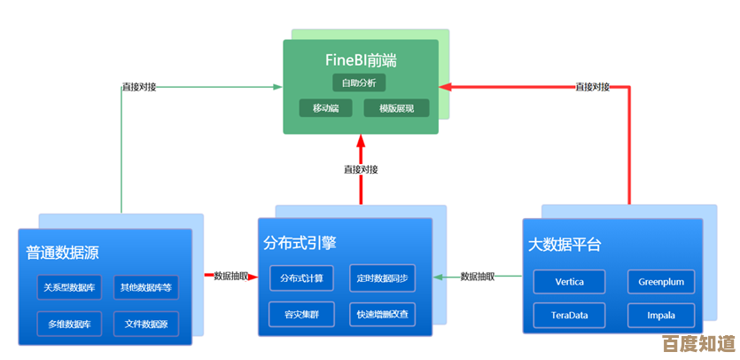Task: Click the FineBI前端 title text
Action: pos(360,61)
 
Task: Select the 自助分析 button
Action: pos(360,82)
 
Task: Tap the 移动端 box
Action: pos(325,108)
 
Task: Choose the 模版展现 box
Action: pos(396,108)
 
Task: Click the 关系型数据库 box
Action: pos(70,287)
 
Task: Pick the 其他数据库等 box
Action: pos(145,287)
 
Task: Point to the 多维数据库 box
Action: pos(70,324)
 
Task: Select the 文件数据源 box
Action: pos(145,324)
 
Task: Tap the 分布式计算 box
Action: pos(301,278)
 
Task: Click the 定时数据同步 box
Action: pos(382,278)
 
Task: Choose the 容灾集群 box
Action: pos(301,314)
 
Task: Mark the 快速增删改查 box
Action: pos(382,314)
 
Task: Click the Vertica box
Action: pos(569,282)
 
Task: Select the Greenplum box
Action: pos(661,282)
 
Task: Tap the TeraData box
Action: pos(569,316)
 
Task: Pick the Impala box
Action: pos(661,316)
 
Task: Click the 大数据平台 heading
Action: pos(565,245)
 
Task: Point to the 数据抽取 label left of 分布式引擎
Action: pos(230,277)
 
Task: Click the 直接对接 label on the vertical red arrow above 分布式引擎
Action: pos(361,169)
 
